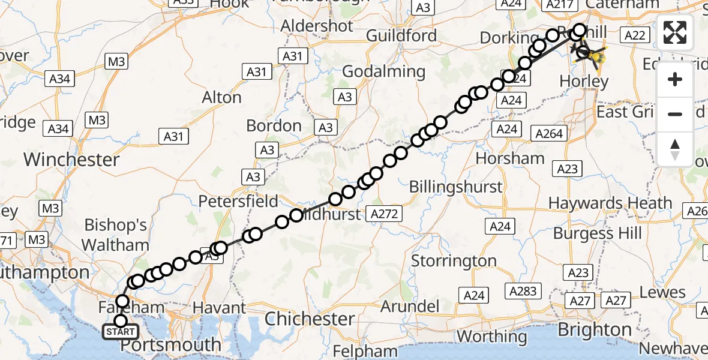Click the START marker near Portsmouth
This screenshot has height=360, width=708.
tap(121, 332)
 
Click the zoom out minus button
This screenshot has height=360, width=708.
tap(675, 114)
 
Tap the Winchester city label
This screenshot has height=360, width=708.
tap(71, 160)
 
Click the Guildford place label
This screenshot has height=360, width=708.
tap(410, 35)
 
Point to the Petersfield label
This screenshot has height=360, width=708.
tap(238, 200)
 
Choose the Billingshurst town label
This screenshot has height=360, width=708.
tap(455, 187)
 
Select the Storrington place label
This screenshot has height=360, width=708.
tap(454, 261)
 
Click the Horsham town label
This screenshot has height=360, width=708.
tap(510, 158)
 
